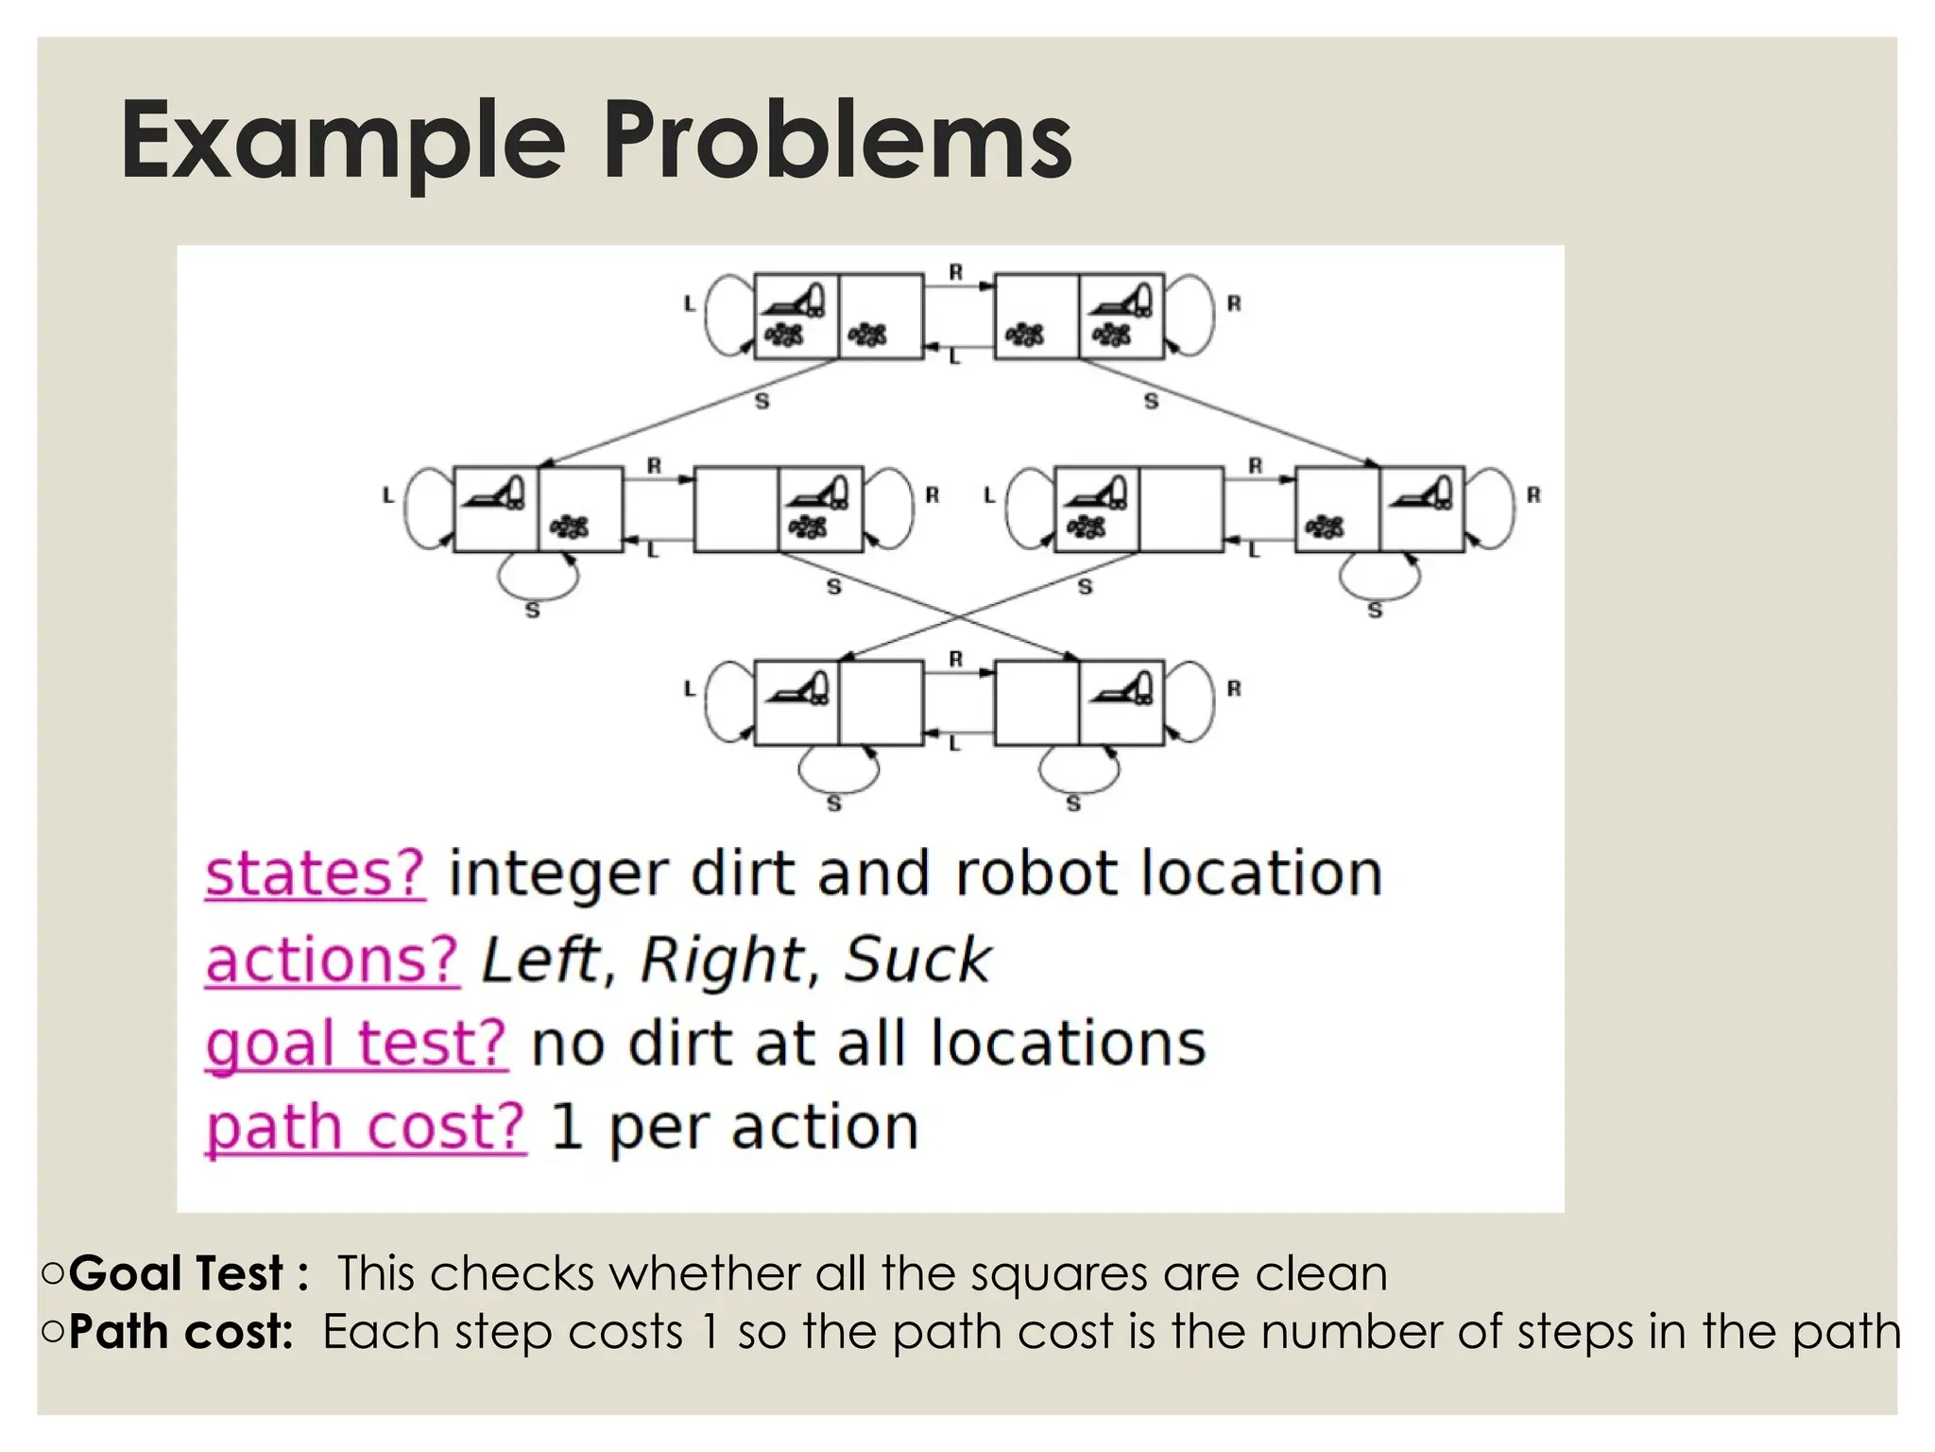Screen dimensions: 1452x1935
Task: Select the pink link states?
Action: coord(315,873)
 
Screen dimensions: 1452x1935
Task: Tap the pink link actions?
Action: coord(332,960)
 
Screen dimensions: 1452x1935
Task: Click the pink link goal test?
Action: coord(356,1045)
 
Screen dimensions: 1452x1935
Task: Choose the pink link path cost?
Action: coord(365,1128)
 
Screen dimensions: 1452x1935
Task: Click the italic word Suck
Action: coord(916,960)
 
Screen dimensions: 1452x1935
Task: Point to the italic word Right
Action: coord(722,960)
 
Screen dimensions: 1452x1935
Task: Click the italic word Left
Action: coord(540,960)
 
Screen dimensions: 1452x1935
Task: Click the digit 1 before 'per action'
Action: coord(566,1128)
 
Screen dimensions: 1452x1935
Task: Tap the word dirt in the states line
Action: coord(743,873)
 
